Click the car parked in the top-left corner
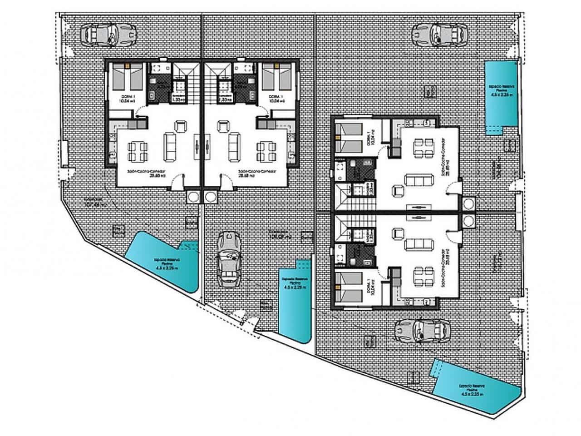pos(109,35)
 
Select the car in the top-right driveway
pos(439,35)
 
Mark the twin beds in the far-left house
pos(127,77)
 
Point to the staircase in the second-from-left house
pos(213,84)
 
